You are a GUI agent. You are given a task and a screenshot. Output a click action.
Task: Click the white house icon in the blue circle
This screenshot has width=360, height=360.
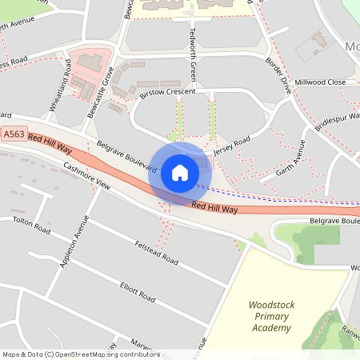coord(179,173)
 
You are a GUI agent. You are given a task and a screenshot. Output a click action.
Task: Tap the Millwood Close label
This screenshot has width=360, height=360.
coord(320,82)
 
